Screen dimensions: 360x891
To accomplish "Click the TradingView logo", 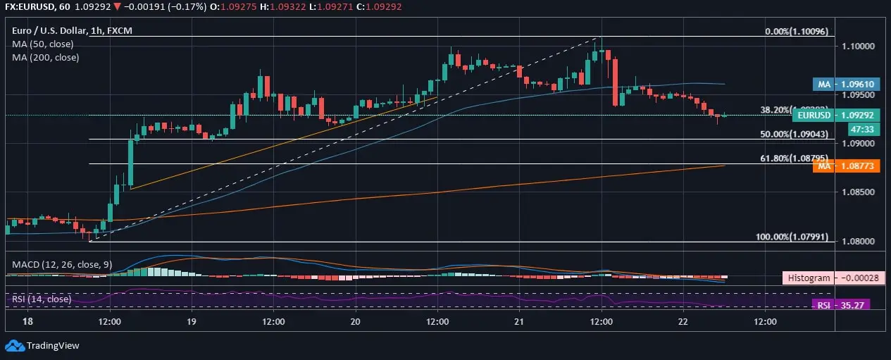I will coord(43,346).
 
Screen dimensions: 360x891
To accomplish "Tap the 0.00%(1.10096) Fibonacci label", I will coord(797,32).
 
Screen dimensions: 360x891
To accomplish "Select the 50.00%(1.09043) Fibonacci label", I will coord(794,134).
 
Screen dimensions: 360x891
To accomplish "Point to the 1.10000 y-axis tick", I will coord(854,46).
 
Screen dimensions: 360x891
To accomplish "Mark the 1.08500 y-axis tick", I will coord(854,192).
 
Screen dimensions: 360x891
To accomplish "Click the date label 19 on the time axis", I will coord(191,321).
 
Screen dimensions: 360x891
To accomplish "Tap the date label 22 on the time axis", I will coord(683,321).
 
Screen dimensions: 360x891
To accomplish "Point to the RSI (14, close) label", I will coord(42,299).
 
